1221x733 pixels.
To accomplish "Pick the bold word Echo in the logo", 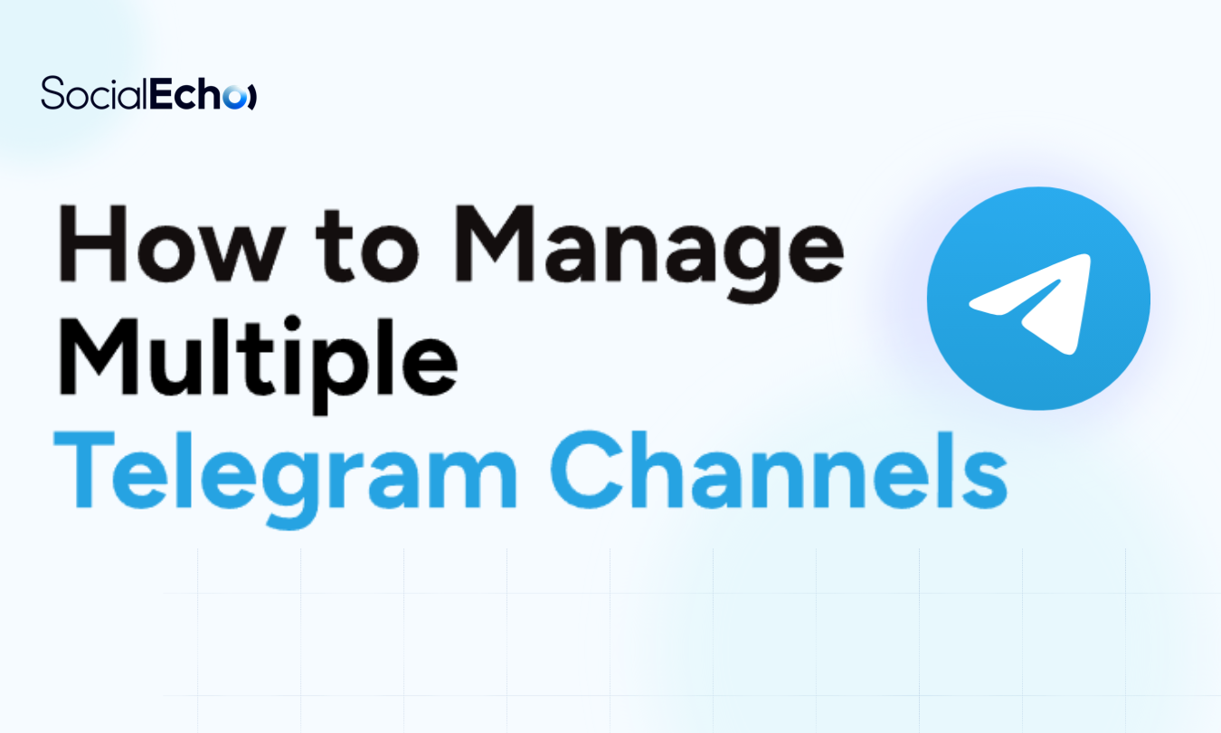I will (x=185, y=94).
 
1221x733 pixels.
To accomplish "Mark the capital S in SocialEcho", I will (x=52, y=94).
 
